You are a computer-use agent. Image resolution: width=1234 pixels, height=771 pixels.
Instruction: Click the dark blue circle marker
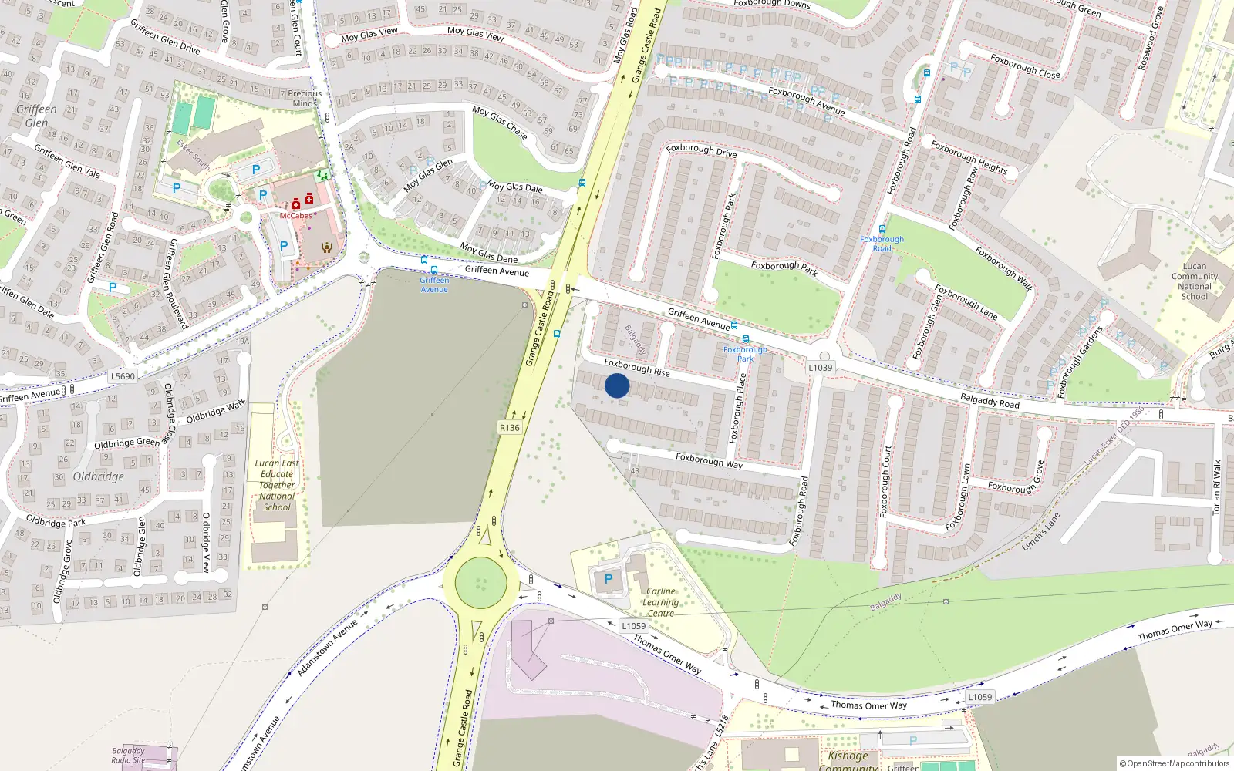coord(617,385)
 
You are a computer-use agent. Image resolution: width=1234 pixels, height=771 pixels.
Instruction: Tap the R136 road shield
coord(509,427)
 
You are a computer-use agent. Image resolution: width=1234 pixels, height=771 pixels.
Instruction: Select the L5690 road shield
coord(123,376)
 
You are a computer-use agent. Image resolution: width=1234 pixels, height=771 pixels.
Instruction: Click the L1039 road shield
coord(821,368)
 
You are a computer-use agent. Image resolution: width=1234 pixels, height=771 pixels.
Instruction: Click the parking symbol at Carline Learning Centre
coord(609,578)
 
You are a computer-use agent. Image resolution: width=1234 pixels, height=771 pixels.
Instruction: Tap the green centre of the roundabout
coord(480,583)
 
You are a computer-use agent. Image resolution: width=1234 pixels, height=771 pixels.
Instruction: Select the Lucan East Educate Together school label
coord(277,485)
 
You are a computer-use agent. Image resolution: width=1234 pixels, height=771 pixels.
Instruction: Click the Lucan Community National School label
coord(1195,281)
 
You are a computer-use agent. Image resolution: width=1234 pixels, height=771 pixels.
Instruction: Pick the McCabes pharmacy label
coord(295,216)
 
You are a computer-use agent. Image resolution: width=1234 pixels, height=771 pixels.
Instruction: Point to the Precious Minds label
coord(305,98)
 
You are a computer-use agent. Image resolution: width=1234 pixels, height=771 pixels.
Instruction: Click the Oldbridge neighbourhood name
coord(98,476)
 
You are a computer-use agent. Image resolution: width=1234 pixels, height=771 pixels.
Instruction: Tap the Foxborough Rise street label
coord(637,367)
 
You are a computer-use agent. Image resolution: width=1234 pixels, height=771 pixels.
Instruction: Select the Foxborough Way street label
coord(709,460)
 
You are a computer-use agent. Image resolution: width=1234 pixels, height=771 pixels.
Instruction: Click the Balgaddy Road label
coord(990,401)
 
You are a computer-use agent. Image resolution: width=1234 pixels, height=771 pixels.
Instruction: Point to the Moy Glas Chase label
coord(500,123)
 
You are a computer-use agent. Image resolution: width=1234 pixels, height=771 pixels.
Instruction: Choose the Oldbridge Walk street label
coord(215,412)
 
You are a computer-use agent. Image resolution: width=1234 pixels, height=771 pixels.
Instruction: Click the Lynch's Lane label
coord(1041,532)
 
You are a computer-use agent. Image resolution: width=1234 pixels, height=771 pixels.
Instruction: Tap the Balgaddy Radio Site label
coord(128,756)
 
